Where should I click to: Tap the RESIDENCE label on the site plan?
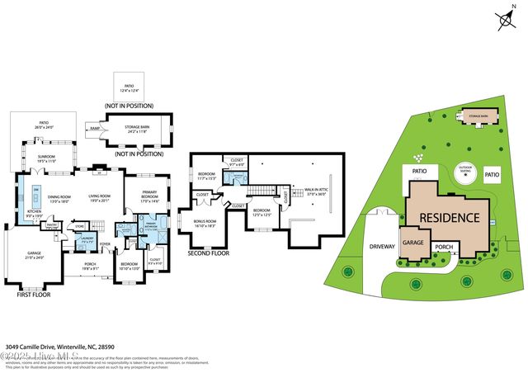449,218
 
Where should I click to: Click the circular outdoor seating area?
467,175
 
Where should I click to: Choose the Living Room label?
99,197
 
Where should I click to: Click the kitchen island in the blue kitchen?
36,198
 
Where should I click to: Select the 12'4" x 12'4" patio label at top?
130,87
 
